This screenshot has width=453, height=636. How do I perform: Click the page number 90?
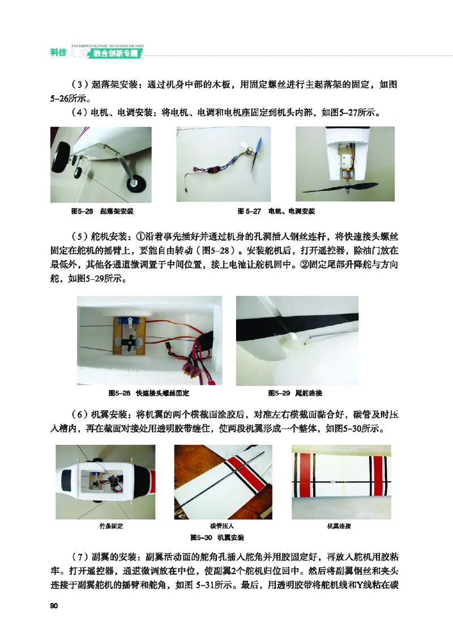click(x=54, y=607)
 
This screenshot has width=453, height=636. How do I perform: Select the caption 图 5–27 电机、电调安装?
click(x=276, y=211)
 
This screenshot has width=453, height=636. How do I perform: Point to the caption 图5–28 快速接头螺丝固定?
click(x=148, y=393)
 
